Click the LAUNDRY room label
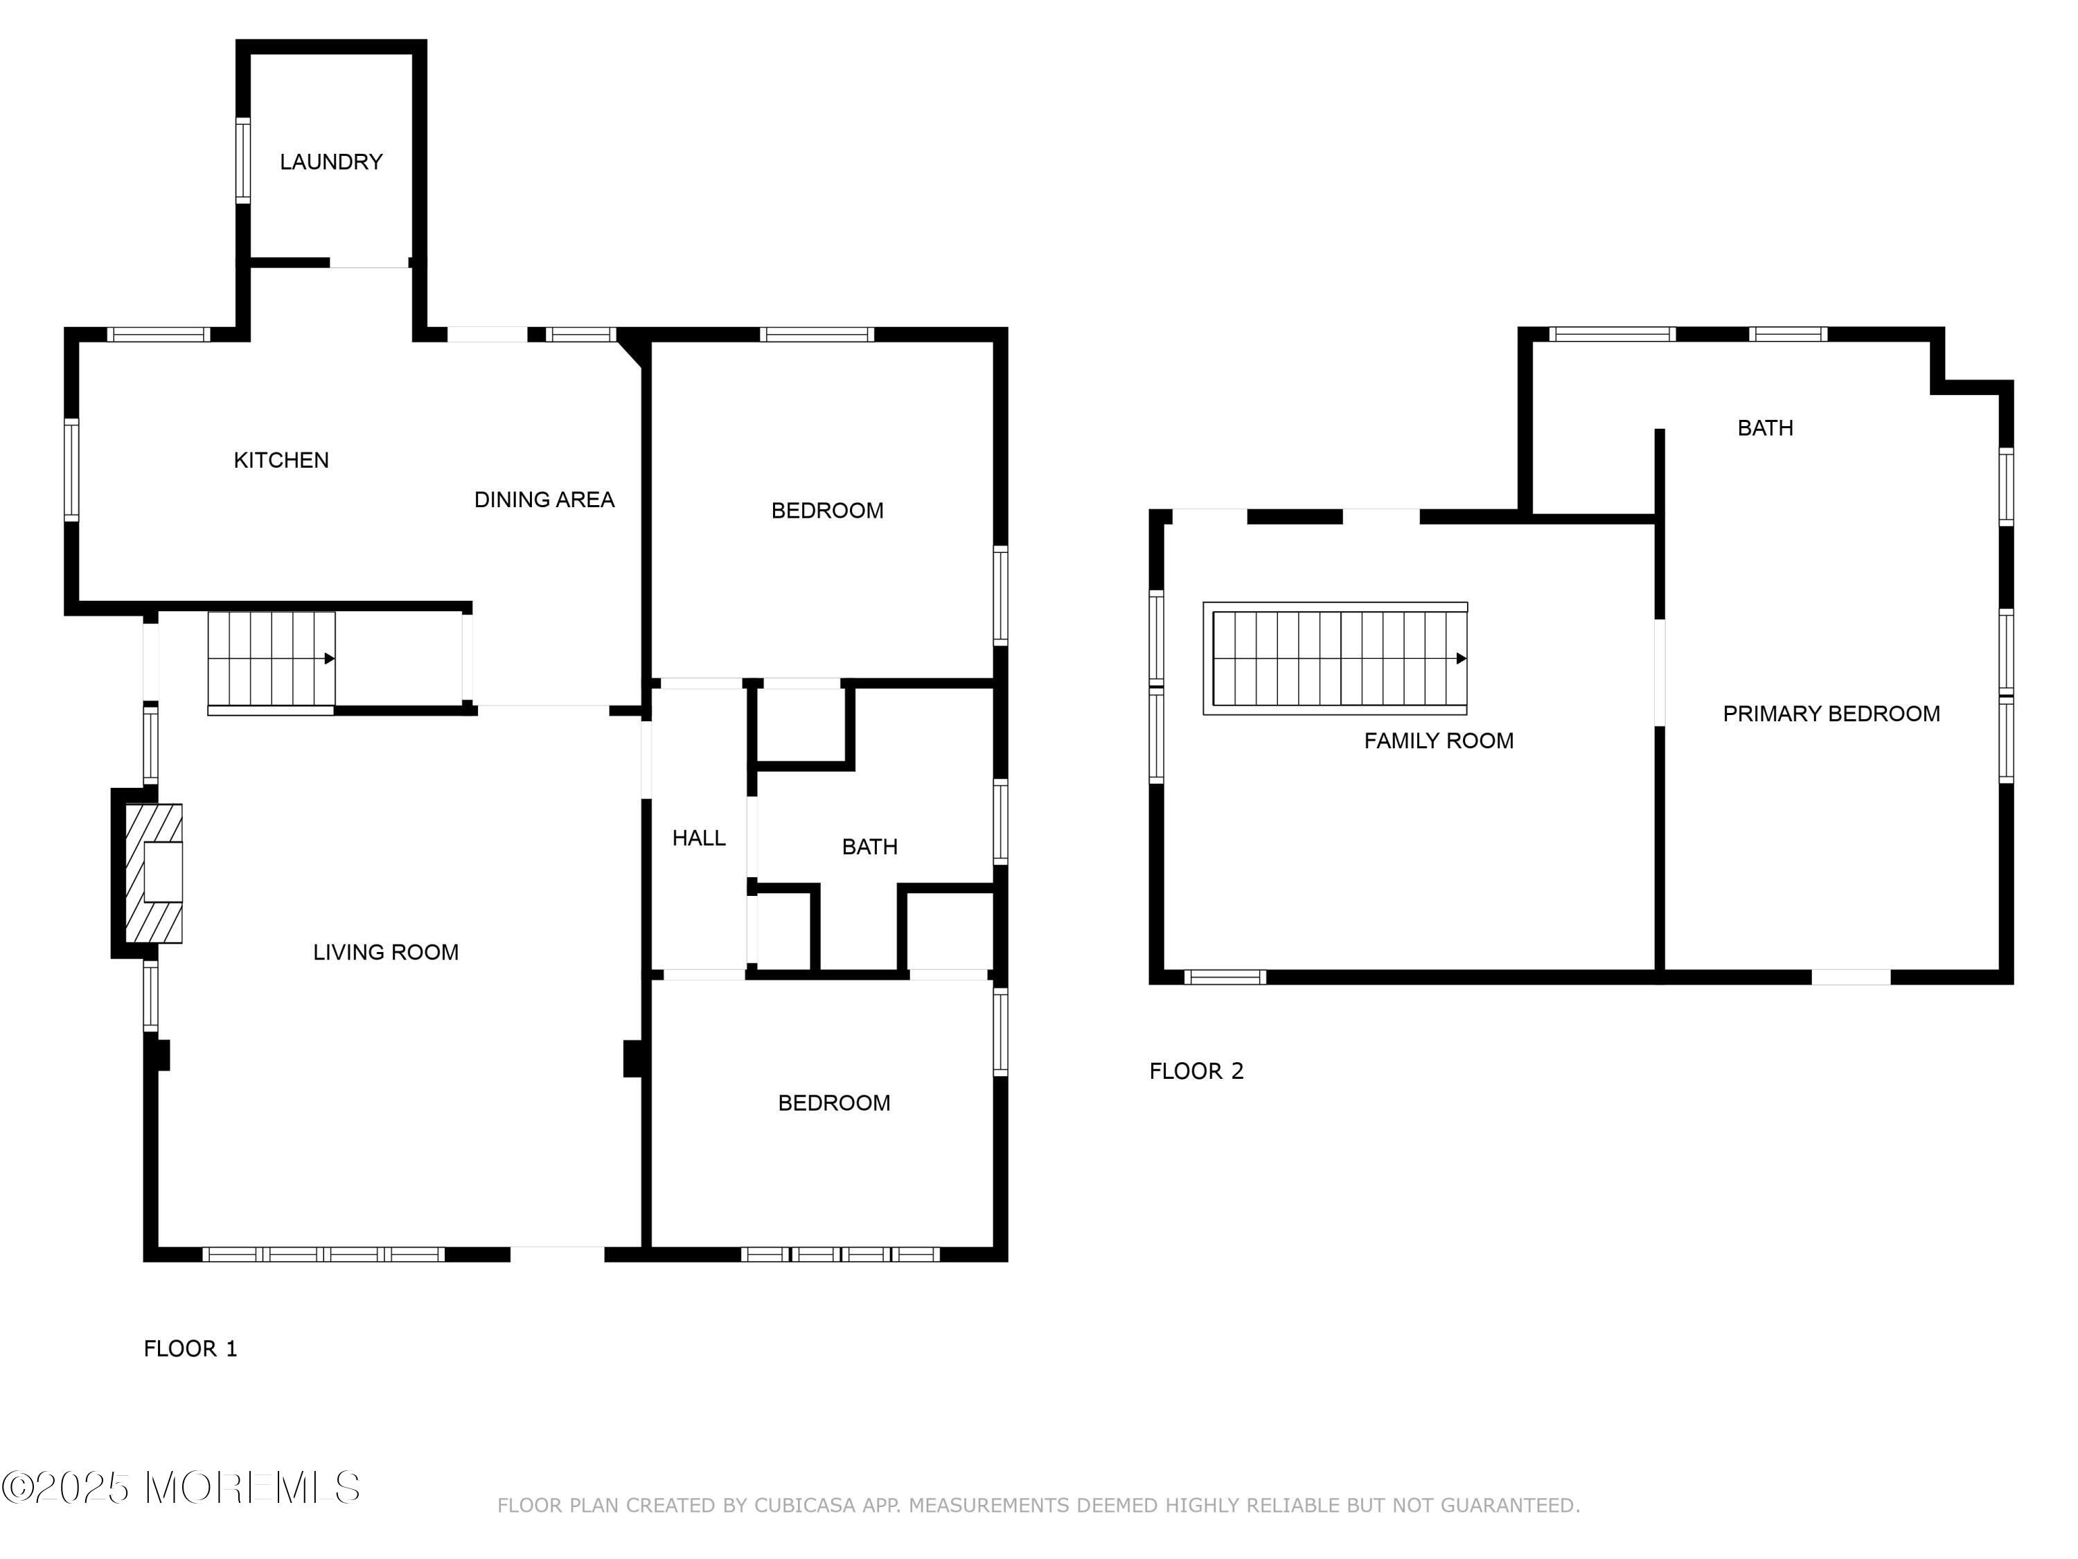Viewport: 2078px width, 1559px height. click(x=330, y=161)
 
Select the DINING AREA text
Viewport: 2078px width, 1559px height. click(x=544, y=500)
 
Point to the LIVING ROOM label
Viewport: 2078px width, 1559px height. click(x=385, y=952)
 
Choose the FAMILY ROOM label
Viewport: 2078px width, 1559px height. click(x=1438, y=741)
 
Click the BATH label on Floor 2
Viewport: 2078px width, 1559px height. click(x=1765, y=428)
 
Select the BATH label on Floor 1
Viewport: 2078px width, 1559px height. click(x=869, y=847)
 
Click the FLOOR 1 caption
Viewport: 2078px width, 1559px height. click(x=190, y=1348)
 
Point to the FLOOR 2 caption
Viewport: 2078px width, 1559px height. click(x=1196, y=1071)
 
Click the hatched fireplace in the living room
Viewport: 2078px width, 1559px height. click(x=153, y=873)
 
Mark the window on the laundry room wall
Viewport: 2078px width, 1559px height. click(x=243, y=161)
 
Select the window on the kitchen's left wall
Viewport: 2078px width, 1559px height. click(x=71, y=470)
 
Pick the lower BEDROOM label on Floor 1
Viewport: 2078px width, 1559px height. click(x=833, y=1103)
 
